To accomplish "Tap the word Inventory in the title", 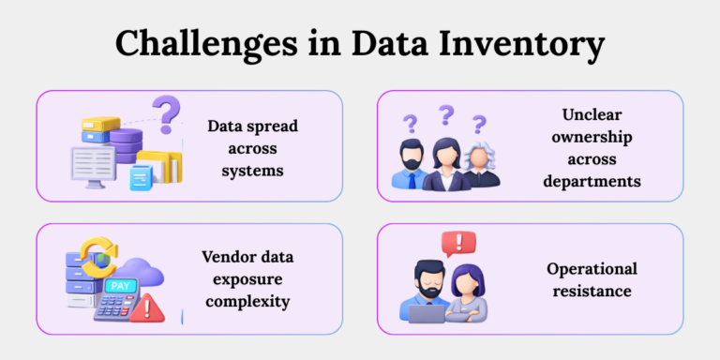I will [x=532, y=44].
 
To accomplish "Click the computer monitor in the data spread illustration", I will [x=94, y=165].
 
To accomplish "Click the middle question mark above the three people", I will [x=446, y=115].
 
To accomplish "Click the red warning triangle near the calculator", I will [x=144, y=308].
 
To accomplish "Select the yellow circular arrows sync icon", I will [x=98, y=258].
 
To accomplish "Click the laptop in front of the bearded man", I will [x=427, y=313].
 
